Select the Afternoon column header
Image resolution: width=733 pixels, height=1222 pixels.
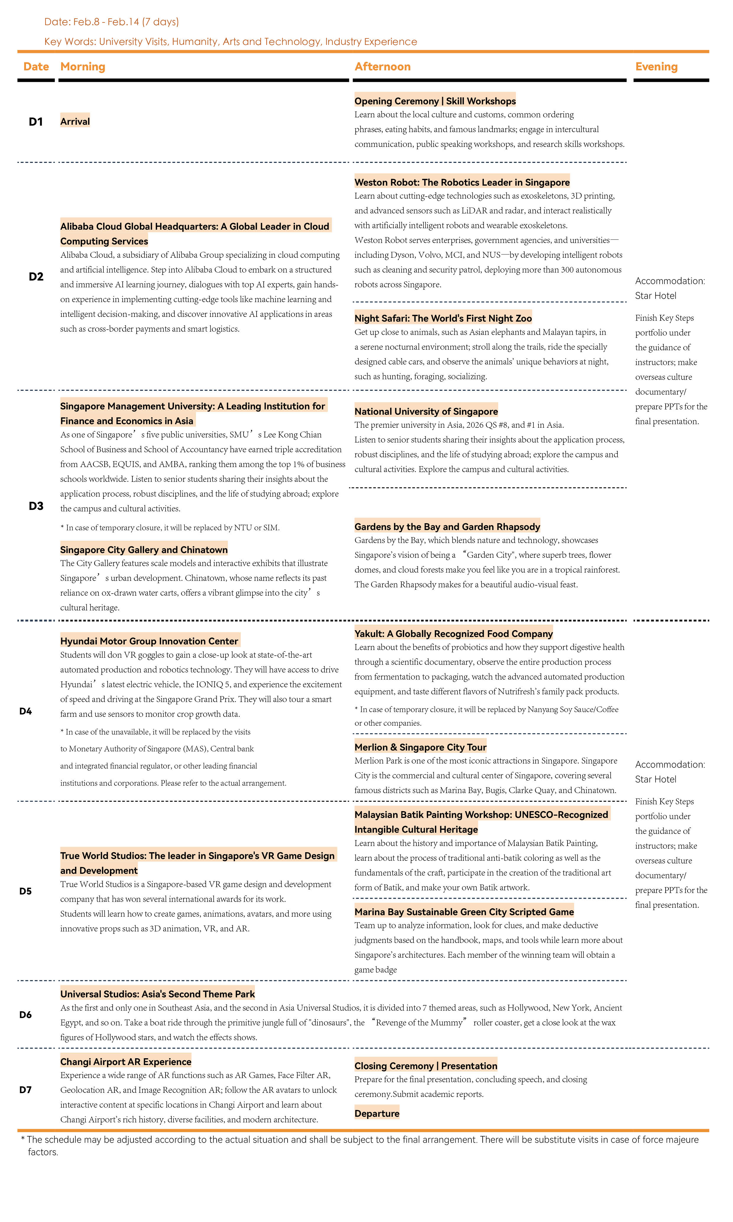coord(382,67)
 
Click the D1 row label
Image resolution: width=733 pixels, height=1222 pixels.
coord(35,121)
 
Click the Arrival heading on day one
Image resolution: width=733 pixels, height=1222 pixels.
coord(75,121)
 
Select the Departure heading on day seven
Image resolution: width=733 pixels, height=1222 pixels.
coord(376,1113)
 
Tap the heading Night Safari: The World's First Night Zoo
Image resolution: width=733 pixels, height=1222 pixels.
coord(442,318)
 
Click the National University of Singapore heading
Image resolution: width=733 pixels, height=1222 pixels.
coord(426,411)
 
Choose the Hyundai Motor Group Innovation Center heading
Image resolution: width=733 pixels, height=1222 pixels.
coord(149,641)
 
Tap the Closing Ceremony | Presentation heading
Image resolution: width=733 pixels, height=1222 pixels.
coord(425,1066)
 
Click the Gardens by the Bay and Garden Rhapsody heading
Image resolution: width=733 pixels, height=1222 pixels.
coord(447,526)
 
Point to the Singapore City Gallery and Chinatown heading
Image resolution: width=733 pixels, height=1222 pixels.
coord(144,550)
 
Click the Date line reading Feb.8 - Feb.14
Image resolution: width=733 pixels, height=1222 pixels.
coord(112,22)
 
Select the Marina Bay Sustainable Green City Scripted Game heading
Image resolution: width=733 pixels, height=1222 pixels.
coord(464,912)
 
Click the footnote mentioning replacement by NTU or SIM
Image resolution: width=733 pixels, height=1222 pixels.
coord(170,528)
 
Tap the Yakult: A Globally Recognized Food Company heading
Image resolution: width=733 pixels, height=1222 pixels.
coord(453,634)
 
